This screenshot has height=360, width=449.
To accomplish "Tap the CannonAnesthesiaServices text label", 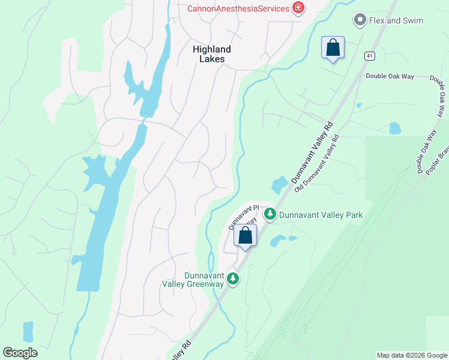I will [x=238, y=8].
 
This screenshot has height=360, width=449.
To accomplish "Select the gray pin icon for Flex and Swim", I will [x=360, y=20].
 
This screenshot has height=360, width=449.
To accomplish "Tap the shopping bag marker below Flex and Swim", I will [x=333, y=48].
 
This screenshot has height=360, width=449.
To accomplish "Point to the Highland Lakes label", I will [x=212, y=54].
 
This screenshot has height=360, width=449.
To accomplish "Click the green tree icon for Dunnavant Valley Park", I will [x=270, y=214].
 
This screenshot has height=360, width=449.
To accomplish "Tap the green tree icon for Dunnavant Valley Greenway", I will [x=233, y=278].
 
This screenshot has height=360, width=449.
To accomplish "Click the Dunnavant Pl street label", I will [x=243, y=217].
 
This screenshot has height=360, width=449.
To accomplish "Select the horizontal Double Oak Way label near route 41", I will [x=390, y=77].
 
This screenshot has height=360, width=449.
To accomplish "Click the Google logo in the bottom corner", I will [x=20, y=353].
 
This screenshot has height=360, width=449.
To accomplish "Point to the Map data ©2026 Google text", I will [x=411, y=355].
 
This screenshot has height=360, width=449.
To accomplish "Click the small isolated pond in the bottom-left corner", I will [x=28, y=331].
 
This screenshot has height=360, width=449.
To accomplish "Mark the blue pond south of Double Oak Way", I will [x=394, y=128].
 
